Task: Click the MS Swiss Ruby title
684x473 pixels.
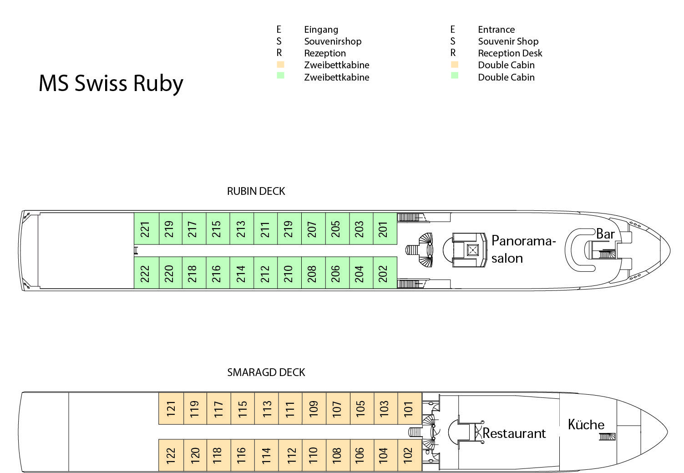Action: (111, 83)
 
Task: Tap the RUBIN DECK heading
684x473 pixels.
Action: (256, 191)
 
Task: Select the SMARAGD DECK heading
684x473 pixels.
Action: (266, 372)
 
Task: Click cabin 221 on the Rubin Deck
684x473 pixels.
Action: (146, 229)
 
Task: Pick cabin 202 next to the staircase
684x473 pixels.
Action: (384, 273)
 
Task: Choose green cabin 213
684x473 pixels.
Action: (241, 229)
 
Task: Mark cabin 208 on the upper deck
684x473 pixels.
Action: (313, 273)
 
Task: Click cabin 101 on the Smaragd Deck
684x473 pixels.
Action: (409, 408)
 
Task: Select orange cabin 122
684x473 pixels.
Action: (171, 455)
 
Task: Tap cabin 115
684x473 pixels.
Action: (243, 408)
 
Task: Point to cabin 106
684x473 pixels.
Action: (361, 455)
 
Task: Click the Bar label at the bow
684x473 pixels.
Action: (605, 234)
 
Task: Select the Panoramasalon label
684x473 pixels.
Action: (523, 249)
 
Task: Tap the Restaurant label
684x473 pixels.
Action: (514, 433)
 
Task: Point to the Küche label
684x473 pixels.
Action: (586, 425)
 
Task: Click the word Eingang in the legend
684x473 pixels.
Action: (321, 30)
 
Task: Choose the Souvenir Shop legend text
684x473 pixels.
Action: (508, 41)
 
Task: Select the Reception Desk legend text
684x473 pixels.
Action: (510, 53)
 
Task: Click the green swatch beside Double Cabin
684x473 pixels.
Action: (454, 76)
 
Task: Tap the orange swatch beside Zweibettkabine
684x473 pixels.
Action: (280, 65)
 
